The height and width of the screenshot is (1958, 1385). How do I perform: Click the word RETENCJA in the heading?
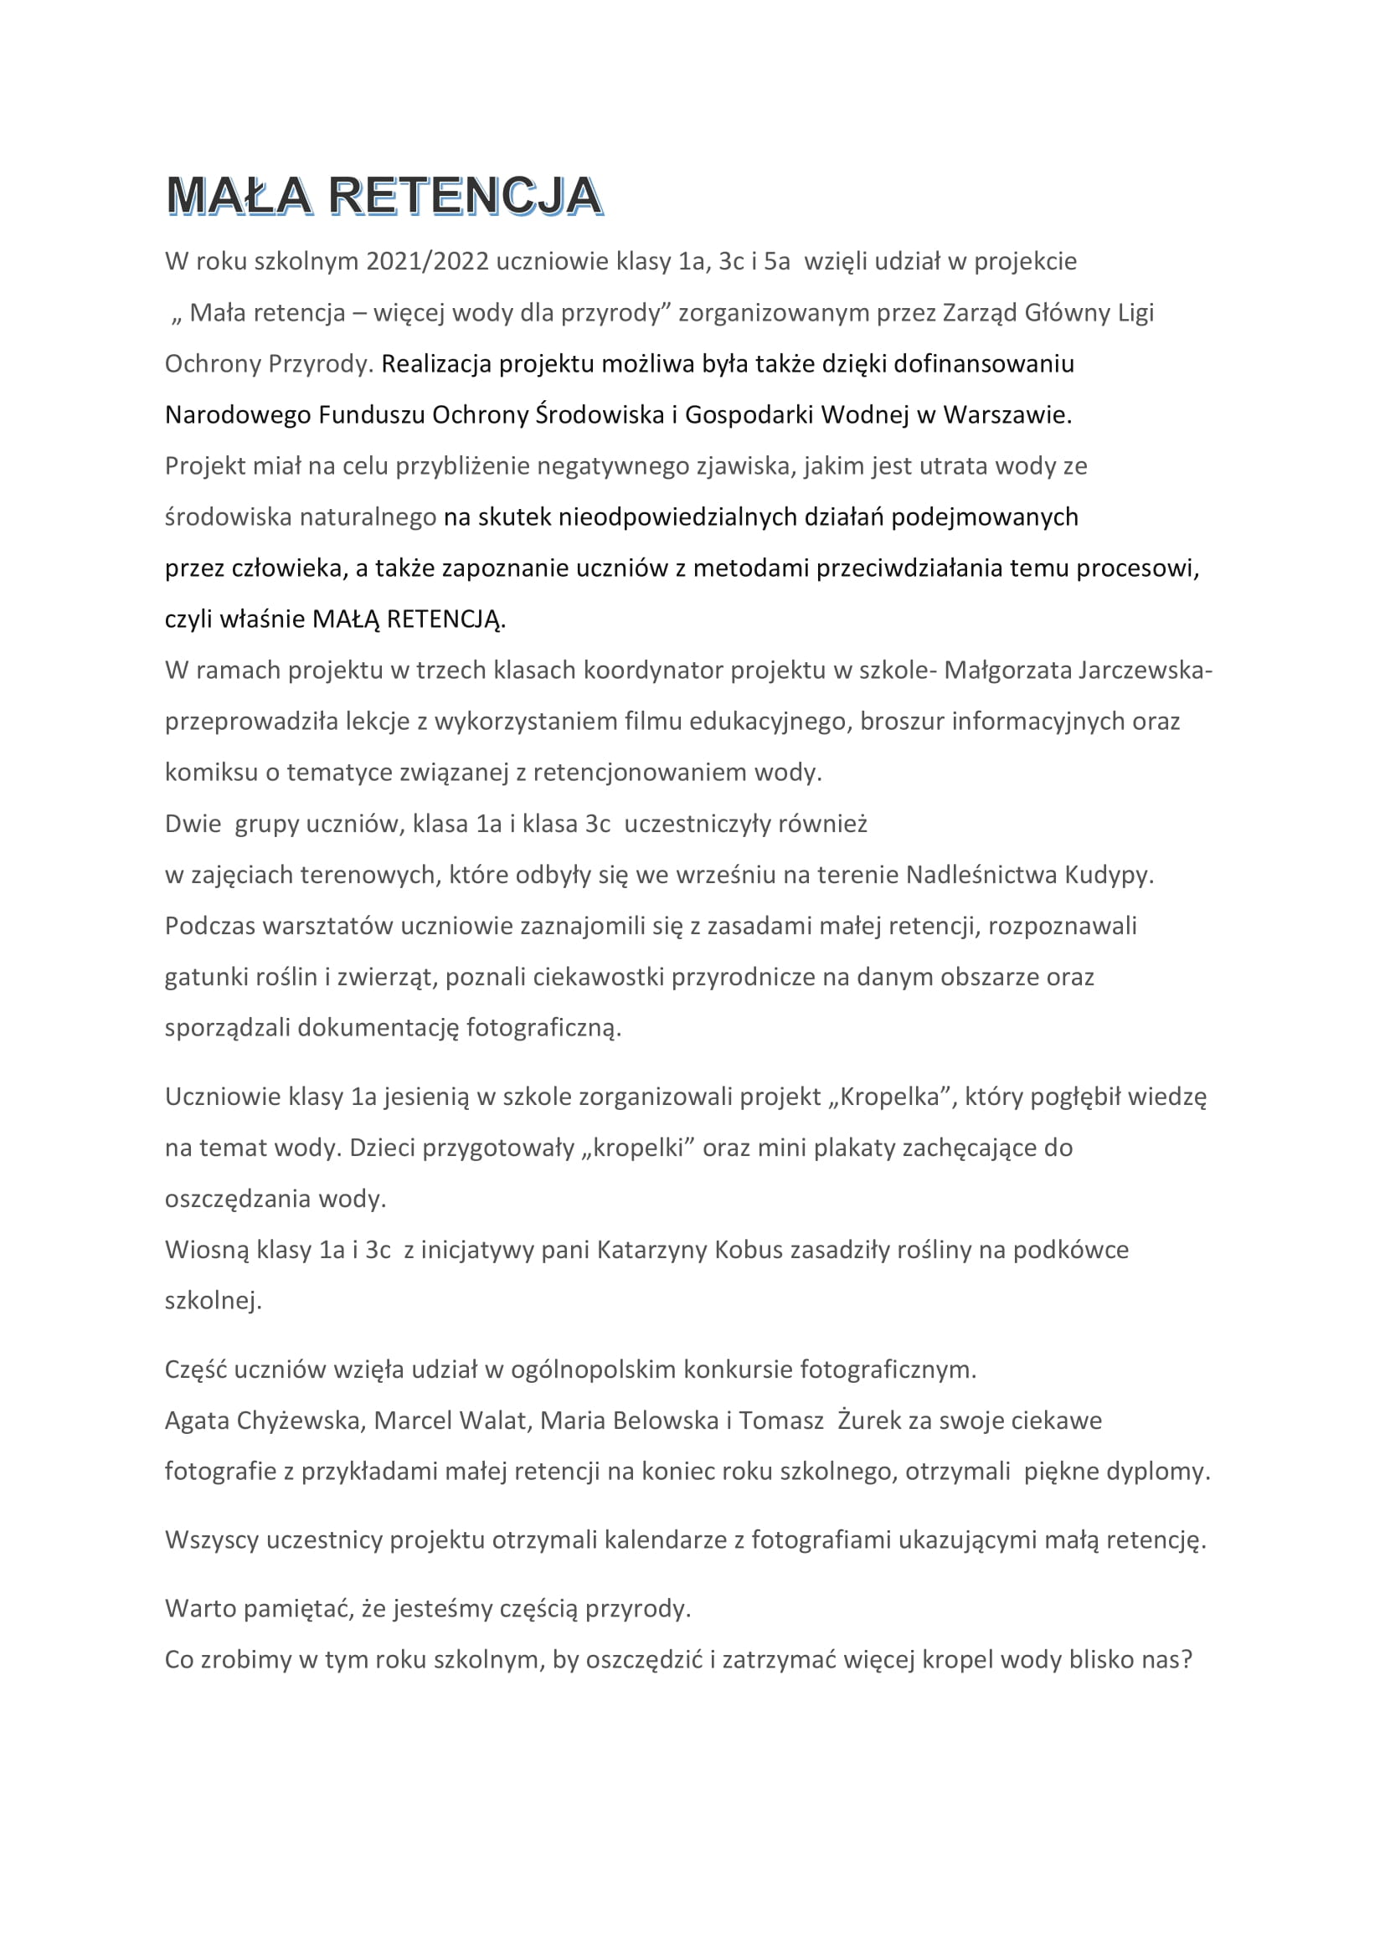click(x=466, y=195)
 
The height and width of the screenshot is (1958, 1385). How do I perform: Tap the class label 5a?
click(x=777, y=261)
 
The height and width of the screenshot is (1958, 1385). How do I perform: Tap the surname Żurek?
click(x=869, y=1421)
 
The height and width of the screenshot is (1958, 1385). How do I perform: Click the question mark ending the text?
click(x=1186, y=1659)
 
